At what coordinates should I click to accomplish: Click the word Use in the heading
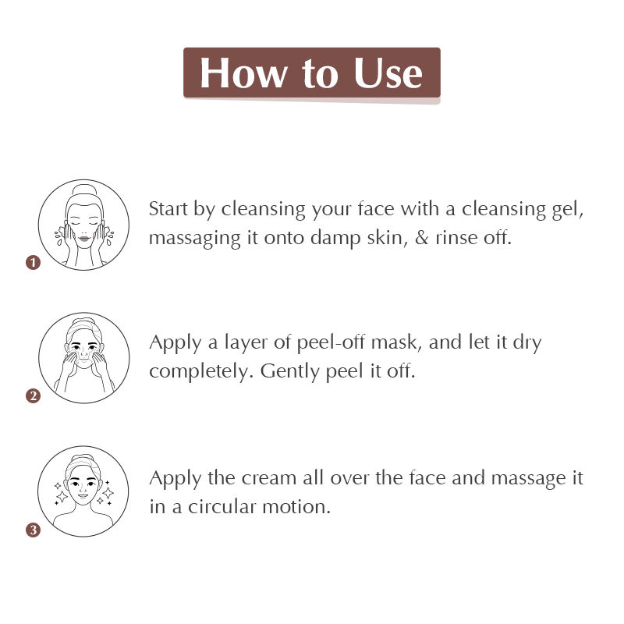(x=388, y=73)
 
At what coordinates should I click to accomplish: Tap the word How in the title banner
(x=243, y=73)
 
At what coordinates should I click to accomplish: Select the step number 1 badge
(x=34, y=263)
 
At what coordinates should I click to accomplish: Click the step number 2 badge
(x=34, y=396)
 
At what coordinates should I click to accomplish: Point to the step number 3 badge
(x=34, y=530)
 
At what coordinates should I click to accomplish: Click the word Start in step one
(x=168, y=208)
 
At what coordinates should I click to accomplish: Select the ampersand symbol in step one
(x=422, y=238)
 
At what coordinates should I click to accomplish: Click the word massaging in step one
(x=195, y=239)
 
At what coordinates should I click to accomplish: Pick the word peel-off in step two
(x=331, y=343)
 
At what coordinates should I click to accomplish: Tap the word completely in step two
(x=201, y=372)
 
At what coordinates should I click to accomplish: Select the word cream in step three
(x=268, y=478)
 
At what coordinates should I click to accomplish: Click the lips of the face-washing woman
(x=84, y=239)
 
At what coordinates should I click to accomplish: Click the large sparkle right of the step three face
(x=108, y=493)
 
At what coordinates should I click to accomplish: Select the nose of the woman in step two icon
(x=83, y=353)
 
